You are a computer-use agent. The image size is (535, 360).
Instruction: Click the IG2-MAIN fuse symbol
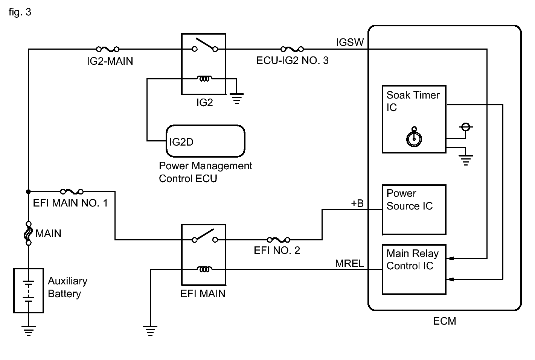tap(107, 49)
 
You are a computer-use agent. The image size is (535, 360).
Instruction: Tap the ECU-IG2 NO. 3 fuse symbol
tap(292, 49)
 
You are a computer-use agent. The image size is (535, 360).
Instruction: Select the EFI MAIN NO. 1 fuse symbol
tap(72, 191)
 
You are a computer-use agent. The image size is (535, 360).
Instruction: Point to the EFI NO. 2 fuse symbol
tap(279, 240)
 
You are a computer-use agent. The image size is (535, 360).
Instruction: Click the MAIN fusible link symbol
tap(28, 233)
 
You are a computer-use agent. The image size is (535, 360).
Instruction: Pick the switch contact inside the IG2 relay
tap(205, 45)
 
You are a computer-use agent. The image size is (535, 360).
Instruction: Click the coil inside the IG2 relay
tap(204, 79)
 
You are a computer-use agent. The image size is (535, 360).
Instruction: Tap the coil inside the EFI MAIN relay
tap(204, 269)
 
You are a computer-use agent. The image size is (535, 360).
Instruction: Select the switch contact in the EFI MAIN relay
tap(205, 236)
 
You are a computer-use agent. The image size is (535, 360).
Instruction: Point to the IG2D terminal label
tap(181, 142)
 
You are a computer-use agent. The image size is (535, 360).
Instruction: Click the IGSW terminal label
tap(350, 42)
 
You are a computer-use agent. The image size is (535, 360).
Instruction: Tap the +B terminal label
tap(357, 203)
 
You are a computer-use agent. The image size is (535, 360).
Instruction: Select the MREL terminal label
tap(349, 264)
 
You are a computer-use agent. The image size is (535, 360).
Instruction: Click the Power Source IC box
tap(414, 210)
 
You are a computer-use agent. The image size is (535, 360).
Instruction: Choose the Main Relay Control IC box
tap(414, 270)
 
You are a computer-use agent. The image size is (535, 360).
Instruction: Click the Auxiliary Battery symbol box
tap(28, 290)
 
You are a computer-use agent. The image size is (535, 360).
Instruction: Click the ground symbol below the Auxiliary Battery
tap(28, 331)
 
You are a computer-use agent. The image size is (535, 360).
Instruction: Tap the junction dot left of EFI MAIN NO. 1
tap(28, 191)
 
